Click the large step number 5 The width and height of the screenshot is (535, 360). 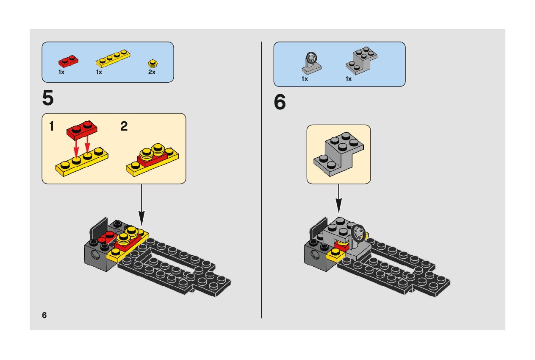48,98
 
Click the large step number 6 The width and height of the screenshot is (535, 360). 280,103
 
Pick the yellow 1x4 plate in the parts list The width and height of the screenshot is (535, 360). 113,59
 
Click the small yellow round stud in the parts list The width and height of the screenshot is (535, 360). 152,64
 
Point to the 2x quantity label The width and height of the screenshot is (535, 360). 152,73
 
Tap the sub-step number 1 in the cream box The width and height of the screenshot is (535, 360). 51,126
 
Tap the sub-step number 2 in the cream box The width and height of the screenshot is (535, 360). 124,126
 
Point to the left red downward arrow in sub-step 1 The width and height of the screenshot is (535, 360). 77,148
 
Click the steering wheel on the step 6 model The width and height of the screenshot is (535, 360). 358,232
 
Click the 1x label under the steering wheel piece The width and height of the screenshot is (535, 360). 305,79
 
